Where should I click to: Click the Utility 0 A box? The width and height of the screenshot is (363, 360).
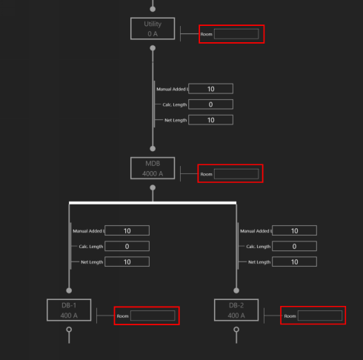coord(153,29)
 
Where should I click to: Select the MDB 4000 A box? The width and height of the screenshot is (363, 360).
coord(153,168)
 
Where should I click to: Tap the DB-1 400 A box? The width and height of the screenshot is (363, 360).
coord(69,310)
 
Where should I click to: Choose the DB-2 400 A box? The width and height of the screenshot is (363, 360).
coord(236,310)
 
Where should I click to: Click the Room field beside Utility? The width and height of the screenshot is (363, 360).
coord(236,34)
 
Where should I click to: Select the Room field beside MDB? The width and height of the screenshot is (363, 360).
coord(236,174)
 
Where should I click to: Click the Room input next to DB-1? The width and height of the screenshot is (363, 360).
coord(153,316)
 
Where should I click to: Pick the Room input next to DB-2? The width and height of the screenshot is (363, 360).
coord(320,316)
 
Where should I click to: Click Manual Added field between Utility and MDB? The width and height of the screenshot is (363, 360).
coord(210,89)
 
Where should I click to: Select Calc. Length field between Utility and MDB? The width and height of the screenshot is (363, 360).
coord(210,104)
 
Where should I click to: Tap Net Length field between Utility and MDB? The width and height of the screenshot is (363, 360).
coord(210,120)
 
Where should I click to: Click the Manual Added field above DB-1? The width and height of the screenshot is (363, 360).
coord(127,231)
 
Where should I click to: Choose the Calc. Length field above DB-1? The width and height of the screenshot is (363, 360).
coord(127,247)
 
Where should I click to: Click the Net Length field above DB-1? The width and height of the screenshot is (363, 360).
coord(127,261)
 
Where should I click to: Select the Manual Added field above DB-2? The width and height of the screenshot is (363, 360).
coord(294,231)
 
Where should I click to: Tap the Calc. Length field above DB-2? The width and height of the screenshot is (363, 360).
coord(294,247)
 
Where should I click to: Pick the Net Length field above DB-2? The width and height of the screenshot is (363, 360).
coord(294,261)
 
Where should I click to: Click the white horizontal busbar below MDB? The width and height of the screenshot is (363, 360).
coord(153,202)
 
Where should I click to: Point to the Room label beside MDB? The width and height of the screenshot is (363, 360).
coord(206,174)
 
